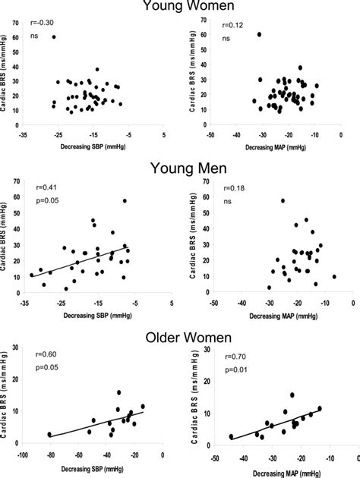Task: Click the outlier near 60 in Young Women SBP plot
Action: (x=54, y=36)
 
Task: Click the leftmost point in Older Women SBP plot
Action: (x=49, y=435)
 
